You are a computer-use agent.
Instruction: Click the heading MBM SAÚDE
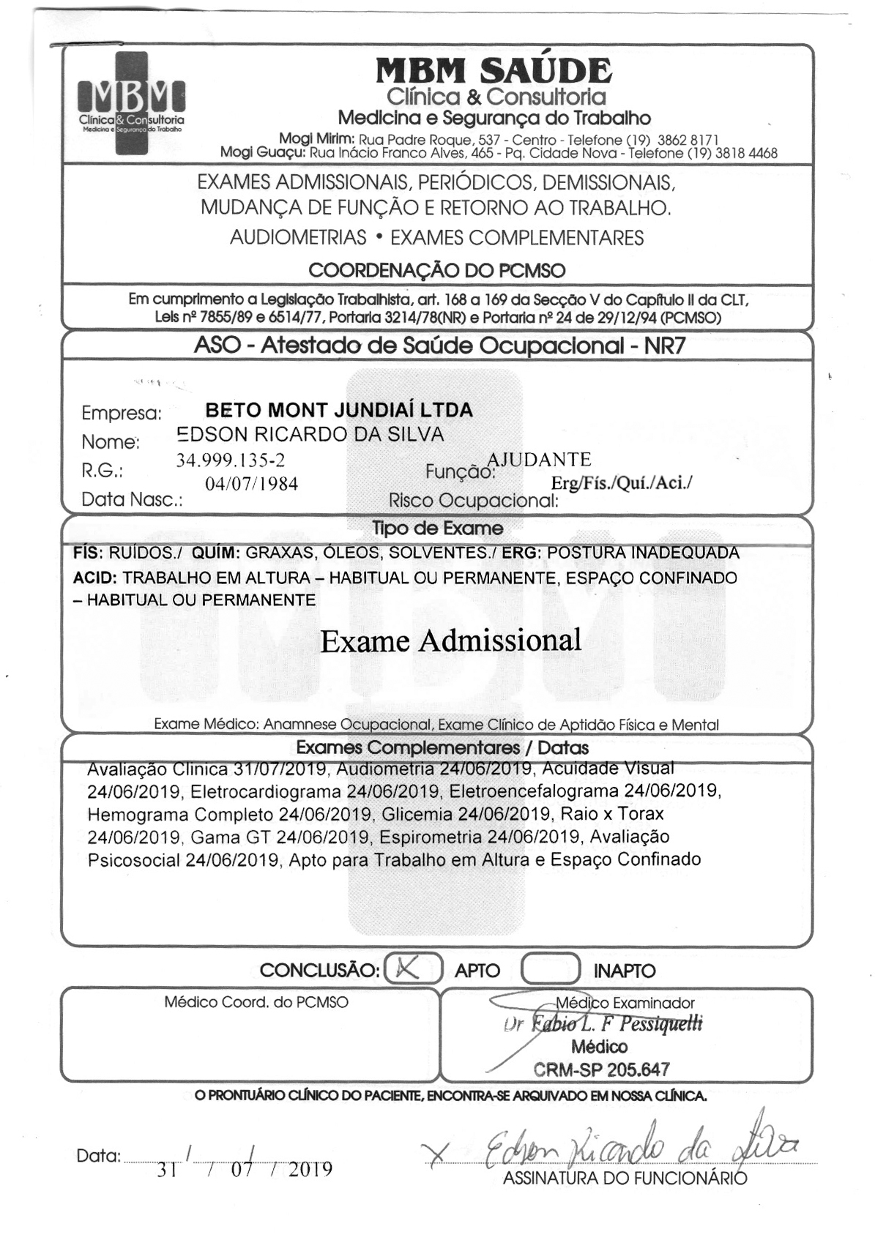pyautogui.click(x=494, y=71)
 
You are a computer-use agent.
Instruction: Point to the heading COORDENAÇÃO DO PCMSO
pyautogui.click(x=436, y=270)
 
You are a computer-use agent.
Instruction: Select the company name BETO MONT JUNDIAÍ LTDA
pyautogui.click(x=339, y=410)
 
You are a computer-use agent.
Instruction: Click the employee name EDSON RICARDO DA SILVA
pyautogui.click(x=310, y=435)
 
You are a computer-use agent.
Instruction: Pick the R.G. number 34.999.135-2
pyautogui.click(x=230, y=460)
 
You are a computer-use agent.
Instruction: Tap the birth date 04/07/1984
pyautogui.click(x=252, y=484)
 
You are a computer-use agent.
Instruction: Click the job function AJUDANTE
pyautogui.click(x=540, y=460)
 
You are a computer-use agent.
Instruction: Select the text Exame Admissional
pyautogui.click(x=451, y=641)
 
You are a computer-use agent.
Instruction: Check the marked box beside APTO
pyautogui.click(x=412, y=969)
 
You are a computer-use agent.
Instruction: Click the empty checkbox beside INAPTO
pyautogui.click(x=550, y=969)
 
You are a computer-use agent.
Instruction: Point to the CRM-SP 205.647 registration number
pyautogui.click(x=601, y=1069)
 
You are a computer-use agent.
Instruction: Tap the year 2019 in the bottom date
pyautogui.click(x=310, y=1170)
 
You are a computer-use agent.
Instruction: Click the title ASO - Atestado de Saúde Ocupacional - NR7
pyautogui.click(x=439, y=345)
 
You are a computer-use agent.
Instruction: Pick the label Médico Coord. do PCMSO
pyautogui.click(x=256, y=1002)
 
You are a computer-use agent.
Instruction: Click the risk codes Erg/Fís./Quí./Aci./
pyautogui.click(x=621, y=482)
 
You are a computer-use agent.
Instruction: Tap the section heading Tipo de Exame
pyautogui.click(x=437, y=529)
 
